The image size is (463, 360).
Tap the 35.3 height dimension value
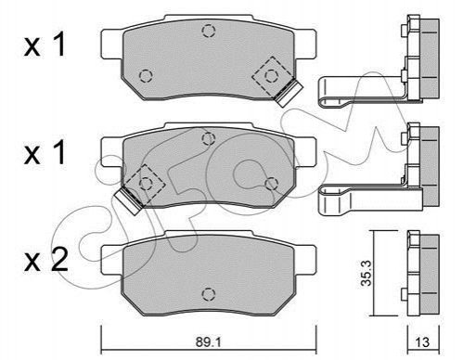(367, 273)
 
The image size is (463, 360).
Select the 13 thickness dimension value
(422, 341)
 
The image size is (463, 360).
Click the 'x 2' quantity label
(45, 262)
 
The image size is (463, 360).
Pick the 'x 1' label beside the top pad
(45, 45)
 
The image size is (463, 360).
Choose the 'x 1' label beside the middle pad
(45, 152)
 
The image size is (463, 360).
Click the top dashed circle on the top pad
(209, 31)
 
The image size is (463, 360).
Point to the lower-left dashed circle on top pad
(146, 76)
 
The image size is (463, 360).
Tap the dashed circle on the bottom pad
(209, 294)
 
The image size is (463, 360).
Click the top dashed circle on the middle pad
(209, 138)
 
